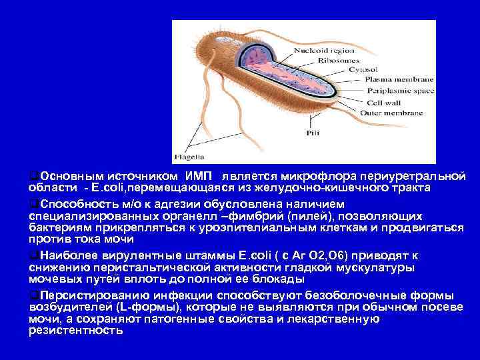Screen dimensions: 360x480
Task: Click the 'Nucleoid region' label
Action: [343, 49]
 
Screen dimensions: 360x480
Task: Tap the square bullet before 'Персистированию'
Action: [33, 295]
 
